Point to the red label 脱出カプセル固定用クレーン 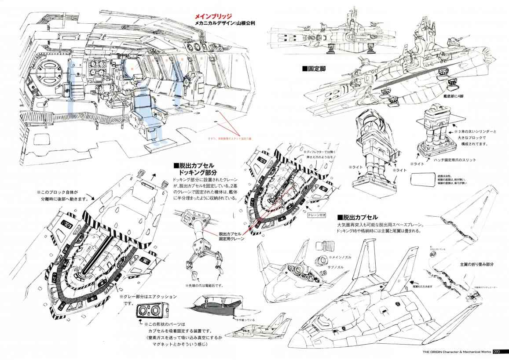click(231, 236)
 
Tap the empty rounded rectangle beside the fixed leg click(425, 180)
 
